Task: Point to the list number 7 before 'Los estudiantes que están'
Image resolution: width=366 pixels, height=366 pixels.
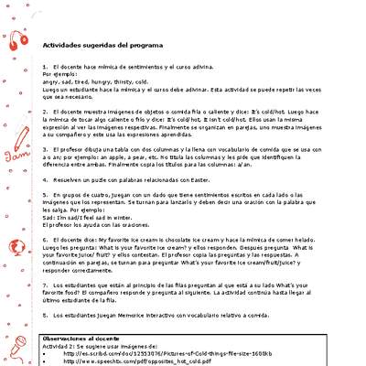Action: [x=45, y=285]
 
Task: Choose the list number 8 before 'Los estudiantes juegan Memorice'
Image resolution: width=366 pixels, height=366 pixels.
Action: [x=45, y=313]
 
